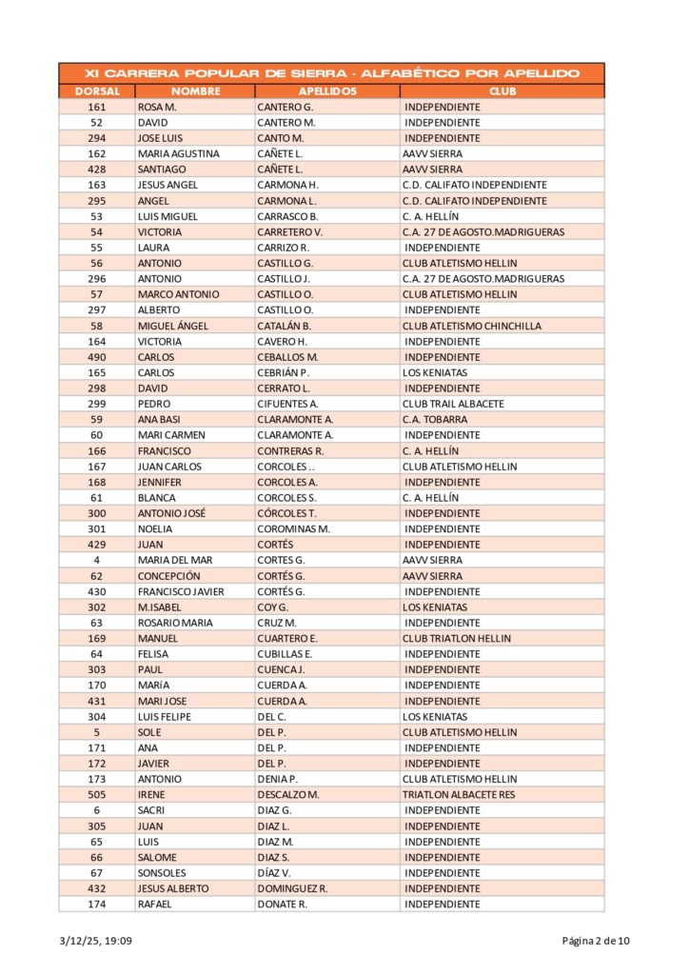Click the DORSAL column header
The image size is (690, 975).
tap(97, 91)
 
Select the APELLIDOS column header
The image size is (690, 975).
tap(327, 91)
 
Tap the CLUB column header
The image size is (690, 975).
tap(503, 91)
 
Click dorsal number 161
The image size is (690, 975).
tap(97, 108)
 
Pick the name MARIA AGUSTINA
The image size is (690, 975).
tap(179, 154)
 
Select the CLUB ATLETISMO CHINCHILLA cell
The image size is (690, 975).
tap(472, 326)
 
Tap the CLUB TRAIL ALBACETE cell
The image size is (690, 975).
tap(453, 404)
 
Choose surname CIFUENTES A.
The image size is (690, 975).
tap(287, 404)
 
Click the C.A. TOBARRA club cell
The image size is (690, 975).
tap(435, 420)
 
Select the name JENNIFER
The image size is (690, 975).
tap(160, 482)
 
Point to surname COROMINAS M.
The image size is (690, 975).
tap(293, 529)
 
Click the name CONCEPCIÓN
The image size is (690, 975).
tap(169, 576)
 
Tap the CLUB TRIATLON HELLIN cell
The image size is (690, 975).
tap(457, 638)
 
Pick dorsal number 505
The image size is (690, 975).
tap(97, 795)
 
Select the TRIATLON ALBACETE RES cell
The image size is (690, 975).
tap(459, 795)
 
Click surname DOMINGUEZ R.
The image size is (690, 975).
tap(292, 888)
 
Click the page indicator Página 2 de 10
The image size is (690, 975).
tap(595, 942)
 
